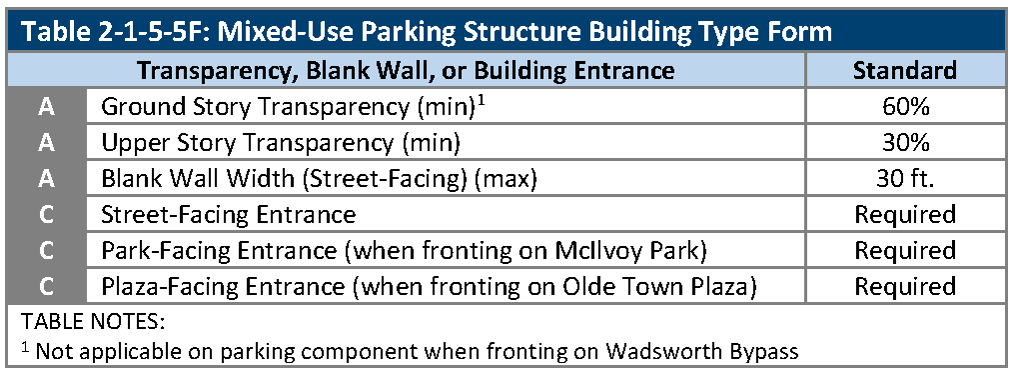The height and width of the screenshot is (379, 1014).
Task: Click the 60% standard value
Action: tap(905, 107)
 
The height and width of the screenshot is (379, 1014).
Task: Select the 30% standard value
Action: tap(905, 143)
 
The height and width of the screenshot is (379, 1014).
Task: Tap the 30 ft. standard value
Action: tap(905, 178)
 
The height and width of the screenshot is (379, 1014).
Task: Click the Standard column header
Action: tap(905, 70)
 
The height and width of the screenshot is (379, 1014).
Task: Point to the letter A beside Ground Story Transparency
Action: tap(46, 107)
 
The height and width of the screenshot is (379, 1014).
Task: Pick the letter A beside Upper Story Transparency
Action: tap(46, 143)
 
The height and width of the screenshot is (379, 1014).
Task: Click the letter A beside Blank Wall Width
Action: tap(46, 178)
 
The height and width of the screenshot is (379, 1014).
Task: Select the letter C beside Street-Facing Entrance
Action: tap(46, 214)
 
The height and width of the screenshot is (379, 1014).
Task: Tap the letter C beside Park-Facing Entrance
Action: tap(46, 250)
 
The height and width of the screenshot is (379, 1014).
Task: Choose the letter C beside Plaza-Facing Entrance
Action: tap(46, 286)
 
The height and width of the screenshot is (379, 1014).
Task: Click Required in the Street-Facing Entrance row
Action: tap(905, 215)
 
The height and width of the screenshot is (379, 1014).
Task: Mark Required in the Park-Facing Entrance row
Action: tap(905, 251)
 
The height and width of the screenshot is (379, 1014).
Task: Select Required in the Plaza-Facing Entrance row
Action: tap(905, 286)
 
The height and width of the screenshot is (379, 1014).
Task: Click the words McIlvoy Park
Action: tap(636, 251)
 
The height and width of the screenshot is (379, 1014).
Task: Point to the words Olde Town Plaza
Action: tap(670, 286)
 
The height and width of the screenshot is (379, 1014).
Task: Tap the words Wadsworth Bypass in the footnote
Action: tap(702, 352)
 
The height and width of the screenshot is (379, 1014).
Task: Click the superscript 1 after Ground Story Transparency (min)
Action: tap(483, 99)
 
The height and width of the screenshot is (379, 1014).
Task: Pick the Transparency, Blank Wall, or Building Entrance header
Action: tap(407, 70)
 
